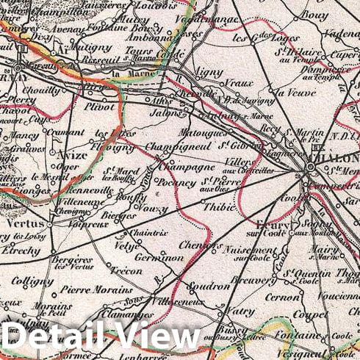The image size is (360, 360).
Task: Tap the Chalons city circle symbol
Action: (x=312, y=168)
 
